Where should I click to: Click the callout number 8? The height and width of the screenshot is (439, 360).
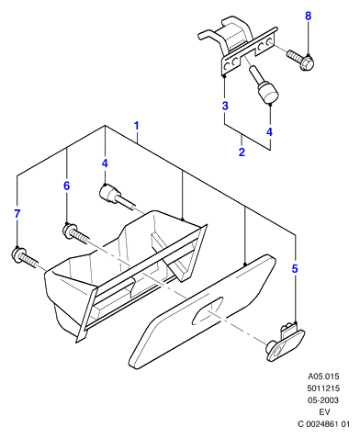308,16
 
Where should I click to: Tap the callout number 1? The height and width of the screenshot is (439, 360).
137,126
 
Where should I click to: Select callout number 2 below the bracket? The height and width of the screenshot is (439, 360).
242,152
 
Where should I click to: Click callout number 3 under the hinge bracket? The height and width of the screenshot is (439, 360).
225,106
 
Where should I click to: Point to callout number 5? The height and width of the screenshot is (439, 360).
295,269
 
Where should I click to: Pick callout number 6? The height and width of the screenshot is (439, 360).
66,186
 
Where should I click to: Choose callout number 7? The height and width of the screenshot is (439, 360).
17,214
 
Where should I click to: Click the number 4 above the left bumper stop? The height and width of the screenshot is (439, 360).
105,163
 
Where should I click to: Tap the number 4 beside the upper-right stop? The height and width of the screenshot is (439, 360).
269,132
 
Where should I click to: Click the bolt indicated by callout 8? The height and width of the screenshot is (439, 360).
301,60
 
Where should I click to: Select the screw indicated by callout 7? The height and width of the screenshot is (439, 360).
24,257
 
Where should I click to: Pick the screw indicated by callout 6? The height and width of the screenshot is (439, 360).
75,232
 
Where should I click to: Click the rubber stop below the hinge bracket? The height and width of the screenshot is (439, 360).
264,85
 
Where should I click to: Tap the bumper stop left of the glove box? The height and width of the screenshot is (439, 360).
117,197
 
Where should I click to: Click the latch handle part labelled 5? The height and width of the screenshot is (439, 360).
285,342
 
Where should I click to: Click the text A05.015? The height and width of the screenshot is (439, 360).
323,377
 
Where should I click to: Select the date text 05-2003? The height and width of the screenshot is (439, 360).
323,400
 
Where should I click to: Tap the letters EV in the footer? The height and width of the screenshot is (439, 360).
324,412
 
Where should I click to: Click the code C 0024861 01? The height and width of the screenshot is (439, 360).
323,424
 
